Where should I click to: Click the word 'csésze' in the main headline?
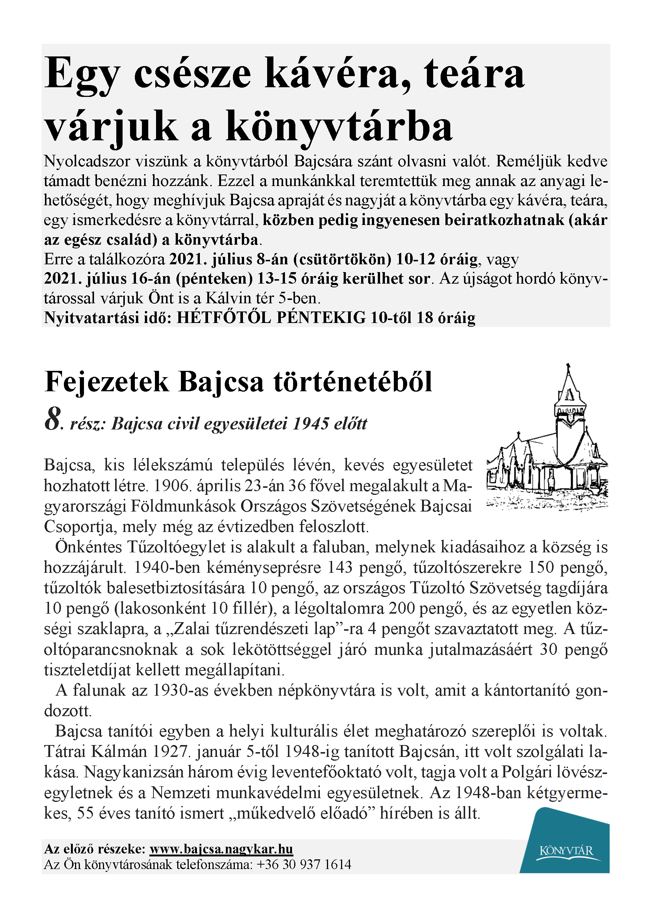192,74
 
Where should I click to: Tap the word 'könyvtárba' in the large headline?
339,127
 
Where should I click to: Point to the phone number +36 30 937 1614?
304,864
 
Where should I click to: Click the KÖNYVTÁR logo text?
566,851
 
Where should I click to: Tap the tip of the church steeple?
568,365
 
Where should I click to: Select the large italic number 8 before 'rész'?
53,419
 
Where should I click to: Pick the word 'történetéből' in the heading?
353,382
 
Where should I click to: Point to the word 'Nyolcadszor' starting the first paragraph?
87,161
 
